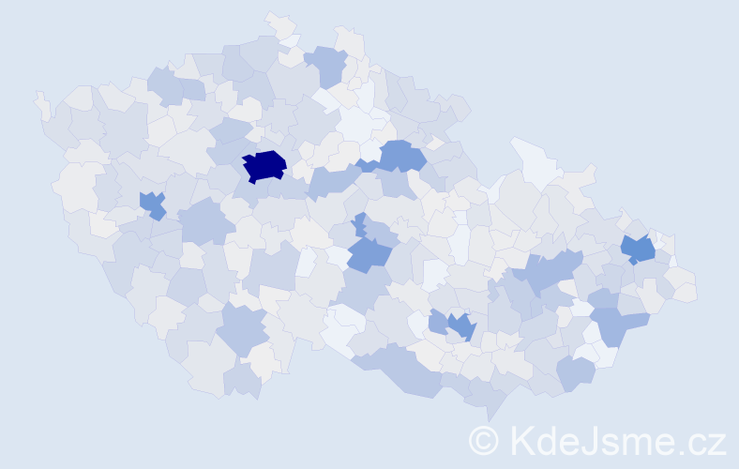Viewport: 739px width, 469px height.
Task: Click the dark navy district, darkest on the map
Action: (x=264, y=166)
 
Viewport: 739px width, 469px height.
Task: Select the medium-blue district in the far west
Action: (x=152, y=204)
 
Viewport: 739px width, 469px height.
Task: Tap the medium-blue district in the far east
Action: (x=639, y=250)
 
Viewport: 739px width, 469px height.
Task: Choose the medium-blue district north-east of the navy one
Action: (x=400, y=155)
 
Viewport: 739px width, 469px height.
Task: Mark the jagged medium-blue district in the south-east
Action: (x=461, y=325)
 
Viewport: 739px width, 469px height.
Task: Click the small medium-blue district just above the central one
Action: (x=359, y=224)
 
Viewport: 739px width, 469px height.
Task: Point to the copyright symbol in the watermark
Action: (x=484, y=439)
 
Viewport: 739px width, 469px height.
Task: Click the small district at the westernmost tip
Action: (x=41, y=102)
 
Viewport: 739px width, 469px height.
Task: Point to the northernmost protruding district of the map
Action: (x=279, y=23)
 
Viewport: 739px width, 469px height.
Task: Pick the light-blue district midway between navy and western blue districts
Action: (x=204, y=221)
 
